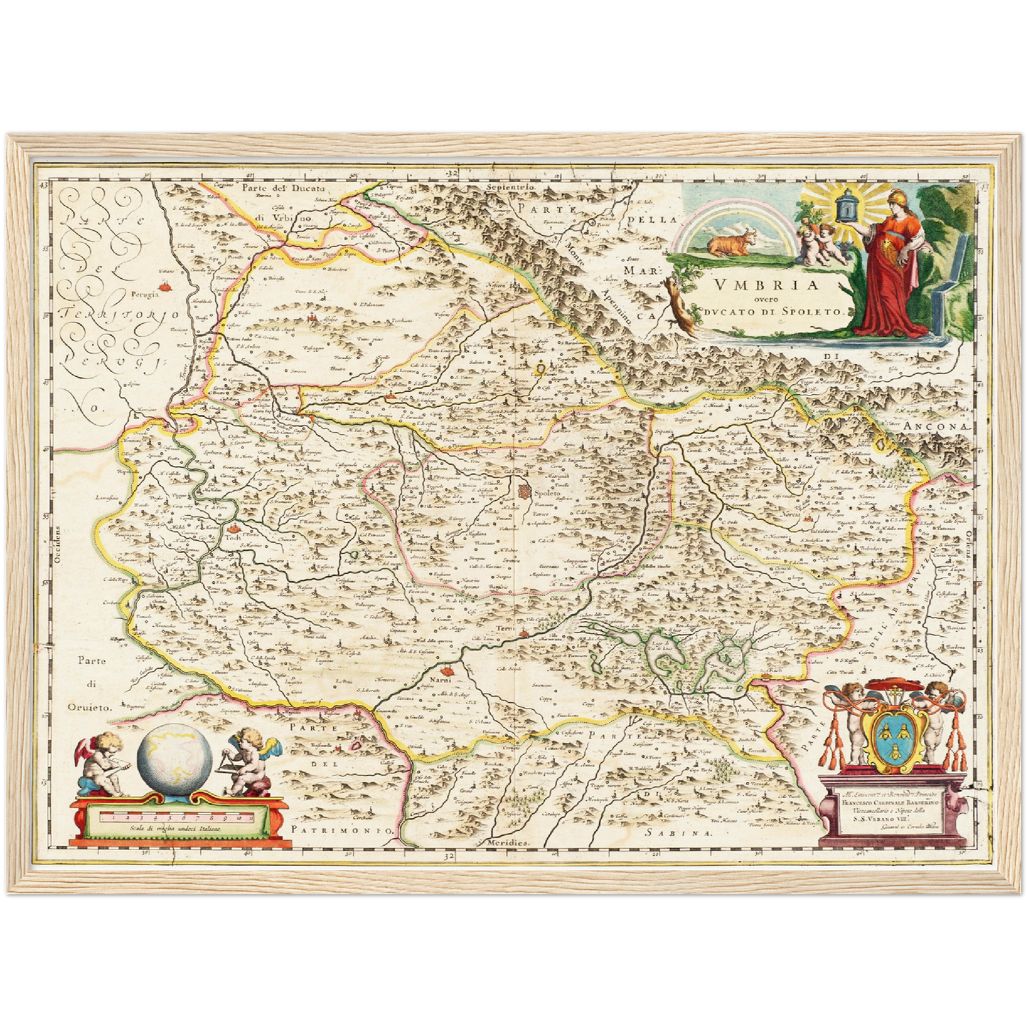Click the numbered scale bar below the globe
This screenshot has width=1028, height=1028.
(174, 819)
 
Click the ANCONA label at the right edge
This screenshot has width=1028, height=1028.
(938, 425)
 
